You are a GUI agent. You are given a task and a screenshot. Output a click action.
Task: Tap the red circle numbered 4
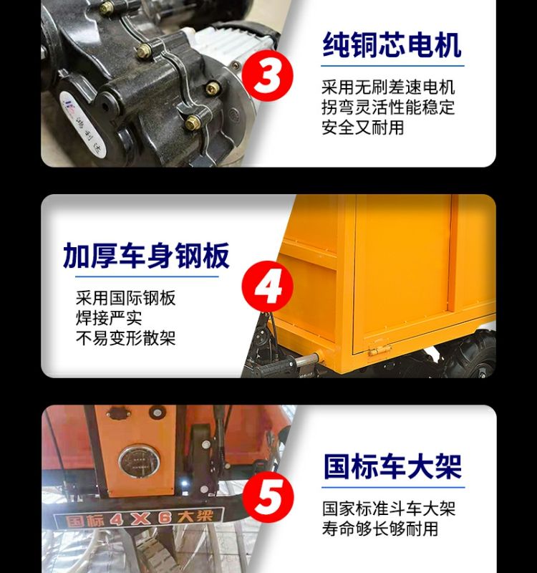click(x=268, y=286)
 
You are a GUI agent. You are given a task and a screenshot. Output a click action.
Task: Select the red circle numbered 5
click(x=268, y=496)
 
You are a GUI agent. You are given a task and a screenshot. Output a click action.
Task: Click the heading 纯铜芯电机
click(x=392, y=45)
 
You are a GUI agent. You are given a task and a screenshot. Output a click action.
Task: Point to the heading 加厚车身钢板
click(x=146, y=256)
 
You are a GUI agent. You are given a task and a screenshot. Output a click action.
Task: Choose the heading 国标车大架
click(x=392, y=466)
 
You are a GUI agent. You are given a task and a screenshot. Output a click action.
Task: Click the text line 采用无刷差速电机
click(x=388, y=87)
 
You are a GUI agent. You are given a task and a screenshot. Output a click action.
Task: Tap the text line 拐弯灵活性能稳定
click(x=388, y=107)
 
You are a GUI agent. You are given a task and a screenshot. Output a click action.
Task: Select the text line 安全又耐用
click(x=363, y=127)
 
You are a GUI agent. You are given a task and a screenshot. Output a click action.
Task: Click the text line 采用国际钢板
click(x=126, y=298)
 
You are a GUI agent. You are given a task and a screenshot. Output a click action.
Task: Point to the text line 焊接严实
click(x=109, y=318)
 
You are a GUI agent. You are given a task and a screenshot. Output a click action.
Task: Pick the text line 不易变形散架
click(x=126, y=338)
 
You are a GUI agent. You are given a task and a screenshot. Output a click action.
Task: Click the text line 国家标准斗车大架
click(x=389, y=509)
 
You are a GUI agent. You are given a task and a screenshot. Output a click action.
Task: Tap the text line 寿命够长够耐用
click(x=380, y=529)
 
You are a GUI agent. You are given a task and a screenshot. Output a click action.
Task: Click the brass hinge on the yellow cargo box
click(x=377, y=351)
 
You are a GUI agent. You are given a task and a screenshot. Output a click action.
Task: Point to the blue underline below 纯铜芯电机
click(x=392, y=66)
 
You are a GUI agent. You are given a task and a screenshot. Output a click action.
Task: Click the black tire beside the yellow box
click(x=472, y=355)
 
